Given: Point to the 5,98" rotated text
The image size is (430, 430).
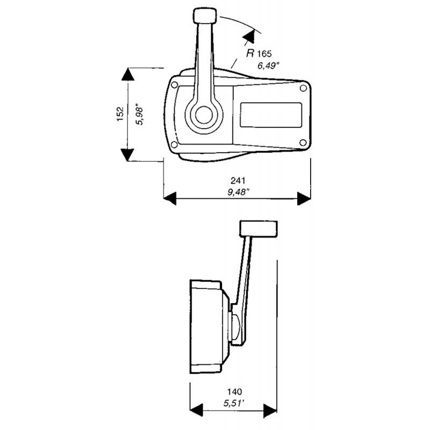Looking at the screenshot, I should [141, 114].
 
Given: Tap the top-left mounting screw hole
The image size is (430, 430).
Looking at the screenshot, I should [176, 84].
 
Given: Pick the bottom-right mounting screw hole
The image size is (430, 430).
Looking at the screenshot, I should [303, 142].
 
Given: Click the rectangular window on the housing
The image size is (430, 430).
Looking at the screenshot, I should [270, 114].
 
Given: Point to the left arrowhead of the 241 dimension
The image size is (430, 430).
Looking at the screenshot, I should [170, 199].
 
